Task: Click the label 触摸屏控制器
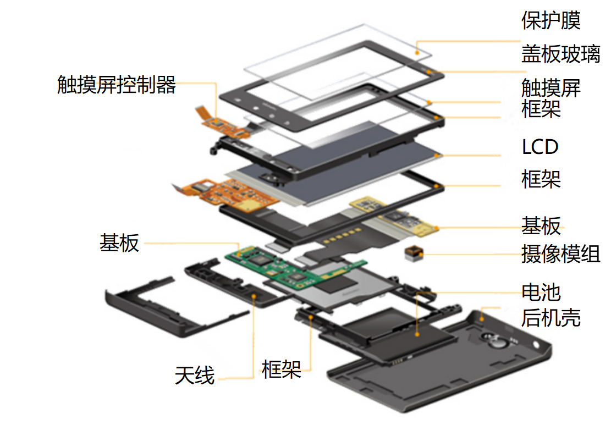(117, 85)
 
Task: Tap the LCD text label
(540, 147)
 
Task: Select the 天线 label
(195, 376)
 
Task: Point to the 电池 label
(541, 292)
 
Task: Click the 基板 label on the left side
(119, 242)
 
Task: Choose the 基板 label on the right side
(541, 225)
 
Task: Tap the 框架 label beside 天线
(282, 369)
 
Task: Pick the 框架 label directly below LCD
(541, 179)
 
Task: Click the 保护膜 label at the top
(548, 20)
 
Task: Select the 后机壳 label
(548, 317)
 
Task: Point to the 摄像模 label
(548, 254)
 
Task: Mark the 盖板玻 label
(548, 54)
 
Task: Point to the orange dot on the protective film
(417, 53)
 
